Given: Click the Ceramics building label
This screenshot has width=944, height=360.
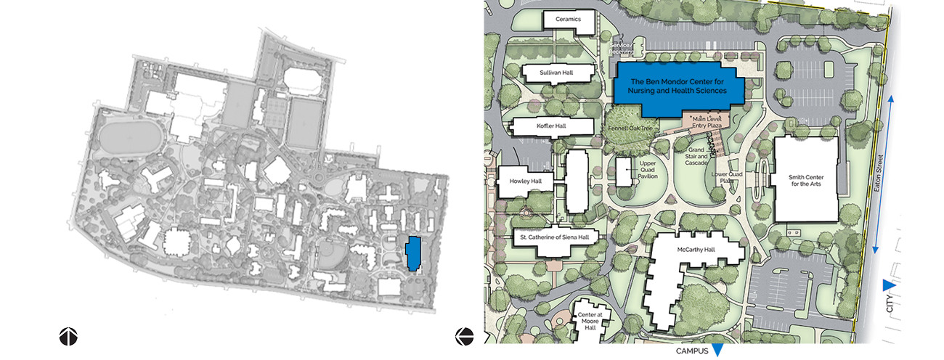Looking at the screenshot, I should (x=569, y=20).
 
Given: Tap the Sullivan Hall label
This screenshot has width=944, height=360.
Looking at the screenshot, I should (x=557, y=73).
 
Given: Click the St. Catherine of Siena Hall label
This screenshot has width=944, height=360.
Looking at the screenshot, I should (x=555, y=237).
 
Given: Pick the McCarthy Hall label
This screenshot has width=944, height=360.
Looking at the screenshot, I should (x=696, y=250).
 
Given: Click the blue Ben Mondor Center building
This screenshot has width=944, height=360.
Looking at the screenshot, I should (x=678, y=87).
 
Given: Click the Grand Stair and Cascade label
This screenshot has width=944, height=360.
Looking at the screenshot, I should (x=696, y=157).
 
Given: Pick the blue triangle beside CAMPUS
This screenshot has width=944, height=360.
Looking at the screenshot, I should (x=717, y=351).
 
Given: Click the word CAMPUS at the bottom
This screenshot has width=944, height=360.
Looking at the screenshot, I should (x=691, y=351).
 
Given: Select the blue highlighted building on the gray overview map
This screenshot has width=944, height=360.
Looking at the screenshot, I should (x=413, y=253).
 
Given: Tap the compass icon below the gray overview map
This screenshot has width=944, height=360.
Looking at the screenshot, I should (x=68, y=336).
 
